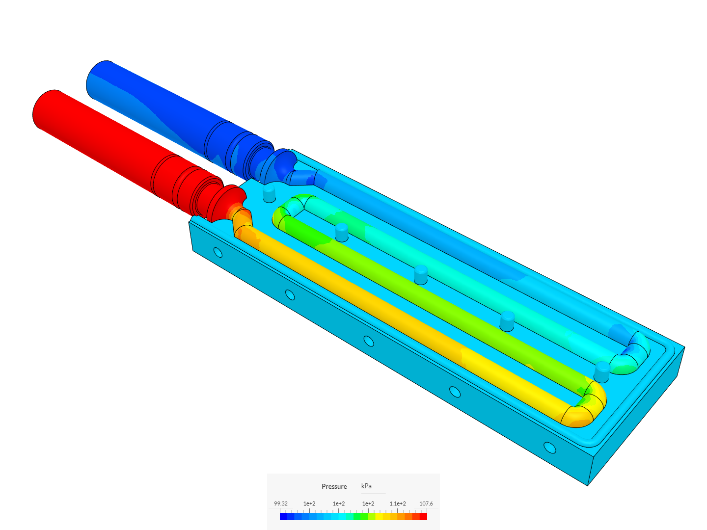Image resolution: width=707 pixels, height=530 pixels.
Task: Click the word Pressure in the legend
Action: tap(334, 486)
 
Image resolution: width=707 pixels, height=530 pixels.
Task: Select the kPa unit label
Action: tap(366, 486)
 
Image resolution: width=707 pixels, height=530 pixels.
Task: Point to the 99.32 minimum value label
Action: tap(281, 503)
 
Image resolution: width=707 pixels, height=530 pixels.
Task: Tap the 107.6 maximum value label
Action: tap(426, 503)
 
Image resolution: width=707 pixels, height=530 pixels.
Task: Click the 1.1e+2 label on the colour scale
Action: tap(397, 503)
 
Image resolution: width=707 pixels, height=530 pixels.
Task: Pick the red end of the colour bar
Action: tap(423, 516)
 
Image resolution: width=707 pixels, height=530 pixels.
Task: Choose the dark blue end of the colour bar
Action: tap(283, 516)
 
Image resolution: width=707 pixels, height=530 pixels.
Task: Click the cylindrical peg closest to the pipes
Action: tap(270, 193)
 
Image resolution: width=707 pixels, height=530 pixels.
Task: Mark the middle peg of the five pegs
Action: tap(421, 274)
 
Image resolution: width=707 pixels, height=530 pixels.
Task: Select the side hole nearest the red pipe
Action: tap(218, 253)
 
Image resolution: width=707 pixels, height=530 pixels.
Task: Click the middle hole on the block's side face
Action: tap(369, 341)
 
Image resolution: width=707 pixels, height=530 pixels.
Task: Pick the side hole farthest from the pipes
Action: tap(550, 448)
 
